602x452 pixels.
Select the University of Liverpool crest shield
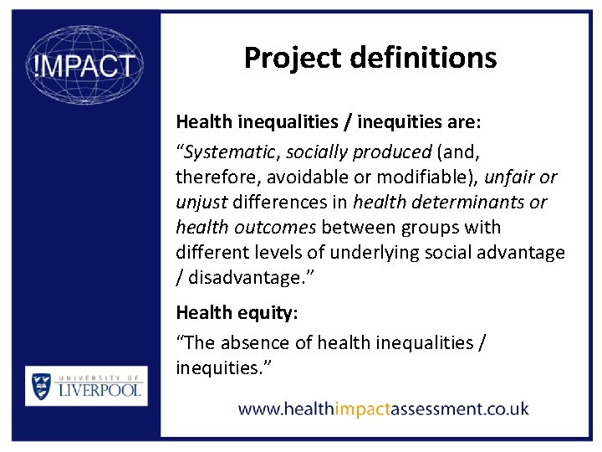pos(41,386)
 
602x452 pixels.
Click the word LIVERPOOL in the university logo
pos(98,389)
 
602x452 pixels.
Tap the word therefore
pos(212,177)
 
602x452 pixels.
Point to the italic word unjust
pos(201,203)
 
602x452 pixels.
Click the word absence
pos(254,342)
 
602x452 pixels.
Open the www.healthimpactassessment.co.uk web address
pos(383,409)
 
